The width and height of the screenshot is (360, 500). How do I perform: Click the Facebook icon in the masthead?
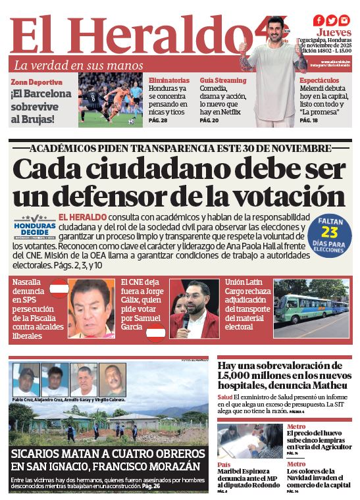pos(319,20)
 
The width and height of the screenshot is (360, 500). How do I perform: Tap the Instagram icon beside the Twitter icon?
pos(344,20)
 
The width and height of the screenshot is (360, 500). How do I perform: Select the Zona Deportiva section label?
pos(36,82)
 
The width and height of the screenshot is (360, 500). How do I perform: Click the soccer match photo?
pos(111,99)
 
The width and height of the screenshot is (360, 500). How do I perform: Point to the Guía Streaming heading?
pos(223,80)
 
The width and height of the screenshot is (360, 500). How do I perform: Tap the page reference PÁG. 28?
pos(158,121)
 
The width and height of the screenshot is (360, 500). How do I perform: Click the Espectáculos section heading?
pos(320,80)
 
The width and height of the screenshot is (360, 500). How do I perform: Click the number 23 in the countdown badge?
pos(329,232)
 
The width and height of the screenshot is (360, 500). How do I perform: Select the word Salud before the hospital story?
pos(225,397)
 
